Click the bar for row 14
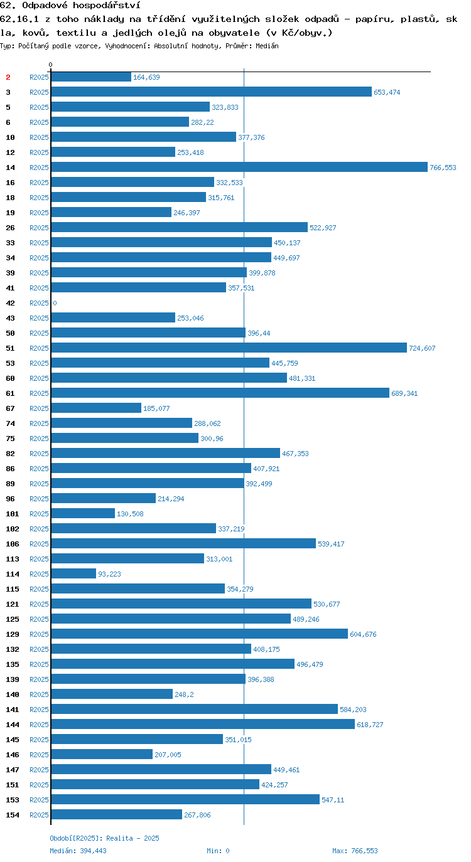[x=239, y=167]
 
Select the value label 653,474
[x=387, y=92]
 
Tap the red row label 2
[x=8, y=77]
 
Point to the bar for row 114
[x=73, y=573]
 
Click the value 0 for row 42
[x=55, y=303]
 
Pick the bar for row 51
[x=229, y=348]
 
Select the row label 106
[x=13, y=544]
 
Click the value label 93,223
[x=109, y=574]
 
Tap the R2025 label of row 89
[x=40, y=484]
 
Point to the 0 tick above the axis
[x=50, y=65]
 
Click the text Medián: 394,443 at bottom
[x=78, y=851]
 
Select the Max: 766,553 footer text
[x=355, y=851]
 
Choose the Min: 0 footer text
[x=218, y=851]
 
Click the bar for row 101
[x=83, y=513]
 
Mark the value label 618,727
[x=370, y=725]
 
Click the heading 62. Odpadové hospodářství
[x=70, y=6]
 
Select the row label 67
[x=11, y=408]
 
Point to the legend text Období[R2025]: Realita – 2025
[x=104, y=838]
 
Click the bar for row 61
[x=220, y=393]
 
